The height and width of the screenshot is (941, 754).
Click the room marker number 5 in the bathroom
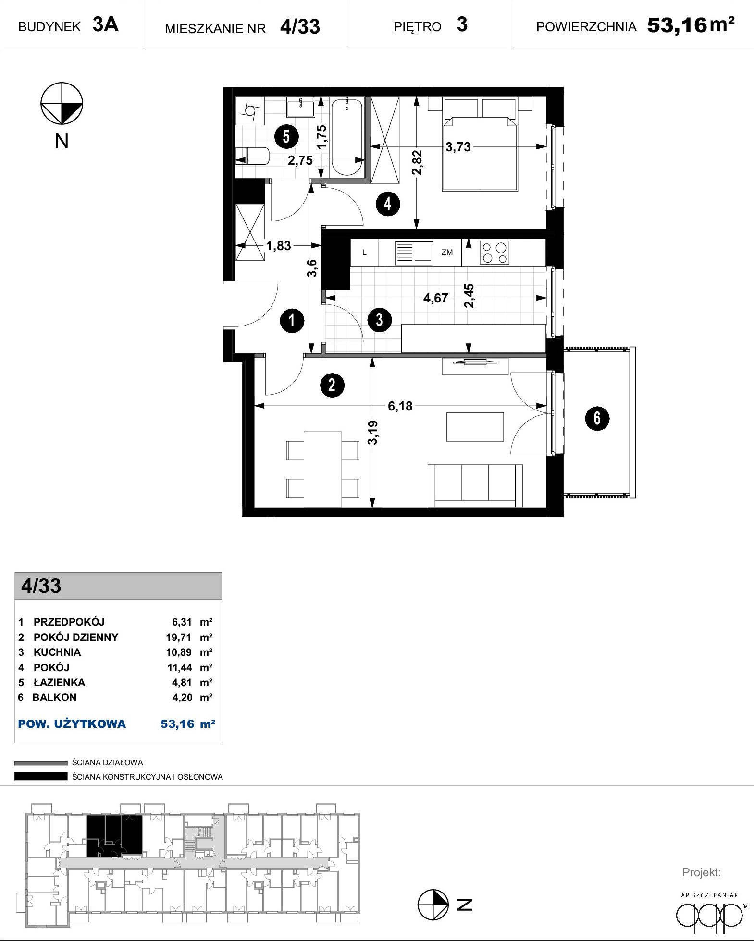point(286,136)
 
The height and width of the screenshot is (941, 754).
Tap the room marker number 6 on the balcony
point(597,418)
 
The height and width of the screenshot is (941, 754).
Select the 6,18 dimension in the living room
point(400,406)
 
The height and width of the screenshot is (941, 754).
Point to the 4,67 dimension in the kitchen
point(435,298)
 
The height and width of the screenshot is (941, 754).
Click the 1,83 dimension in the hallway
point(279,246)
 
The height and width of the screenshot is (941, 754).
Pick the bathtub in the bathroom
point(346,137)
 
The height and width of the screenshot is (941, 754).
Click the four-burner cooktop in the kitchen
point(494,253)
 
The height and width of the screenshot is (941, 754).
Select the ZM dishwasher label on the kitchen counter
point(447,252)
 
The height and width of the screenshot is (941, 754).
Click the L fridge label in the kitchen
point(364,253)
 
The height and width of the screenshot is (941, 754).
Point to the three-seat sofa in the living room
point(475,485)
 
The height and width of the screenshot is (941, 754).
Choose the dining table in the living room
point(323,469)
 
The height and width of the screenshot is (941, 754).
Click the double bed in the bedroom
point(480,144)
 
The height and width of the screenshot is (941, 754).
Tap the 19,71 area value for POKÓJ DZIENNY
point(179,638)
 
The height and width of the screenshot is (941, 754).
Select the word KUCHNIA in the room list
point(57,652)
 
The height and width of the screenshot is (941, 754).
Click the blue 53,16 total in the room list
point(177,724)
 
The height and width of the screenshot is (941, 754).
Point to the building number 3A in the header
point(105,24)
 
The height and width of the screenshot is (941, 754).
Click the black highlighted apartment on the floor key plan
point(114,835)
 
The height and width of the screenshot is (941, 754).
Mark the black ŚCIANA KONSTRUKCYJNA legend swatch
point(41,776)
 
